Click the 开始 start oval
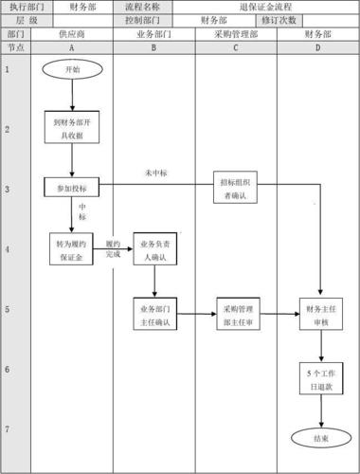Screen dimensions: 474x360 click(72, 69)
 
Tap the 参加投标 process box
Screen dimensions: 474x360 click(72, 188)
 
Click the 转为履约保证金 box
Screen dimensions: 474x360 click(72, 249)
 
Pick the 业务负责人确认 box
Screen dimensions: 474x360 click(154, 249)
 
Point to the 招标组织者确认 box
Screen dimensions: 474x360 click(237, 188)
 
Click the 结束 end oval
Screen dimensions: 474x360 click(321, 438)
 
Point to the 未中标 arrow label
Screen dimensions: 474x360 click(156, 174)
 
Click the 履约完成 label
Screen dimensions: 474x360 click(114, 248)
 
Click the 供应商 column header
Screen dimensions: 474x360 click(72, 33)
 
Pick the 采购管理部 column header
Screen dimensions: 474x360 click(237, 33)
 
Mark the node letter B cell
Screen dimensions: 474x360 click(154, 46)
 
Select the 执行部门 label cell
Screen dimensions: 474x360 click(21, 7)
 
